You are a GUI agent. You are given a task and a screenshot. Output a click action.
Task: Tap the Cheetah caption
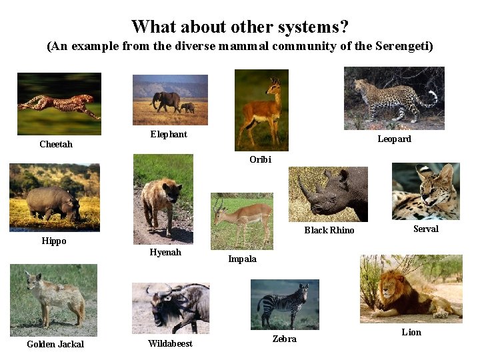point(56,145)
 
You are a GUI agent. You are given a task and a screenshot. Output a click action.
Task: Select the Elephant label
point(169,135)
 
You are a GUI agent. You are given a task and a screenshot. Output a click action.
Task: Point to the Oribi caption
point(260,159)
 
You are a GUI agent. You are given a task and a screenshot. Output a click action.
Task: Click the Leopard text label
point(394,139)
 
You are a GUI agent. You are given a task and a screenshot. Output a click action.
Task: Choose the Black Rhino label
point(329,231)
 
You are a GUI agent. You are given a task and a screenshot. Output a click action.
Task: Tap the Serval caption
point(425,229)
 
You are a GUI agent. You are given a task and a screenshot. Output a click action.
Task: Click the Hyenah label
point(165,253)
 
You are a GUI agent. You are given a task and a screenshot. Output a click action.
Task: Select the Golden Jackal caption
point(55,345)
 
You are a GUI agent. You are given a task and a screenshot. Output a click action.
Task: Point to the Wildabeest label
point(170,344)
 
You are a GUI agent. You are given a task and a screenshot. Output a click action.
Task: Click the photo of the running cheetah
point(59,103)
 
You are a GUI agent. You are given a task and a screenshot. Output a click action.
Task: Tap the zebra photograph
point(284,303)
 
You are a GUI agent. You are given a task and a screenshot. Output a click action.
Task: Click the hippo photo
point(54,197)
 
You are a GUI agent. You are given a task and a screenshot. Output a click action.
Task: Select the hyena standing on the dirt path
point(162,200)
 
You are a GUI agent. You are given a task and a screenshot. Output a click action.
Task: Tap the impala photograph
point(242,221)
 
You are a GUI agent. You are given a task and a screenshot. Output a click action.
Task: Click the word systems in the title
point(307,27)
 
